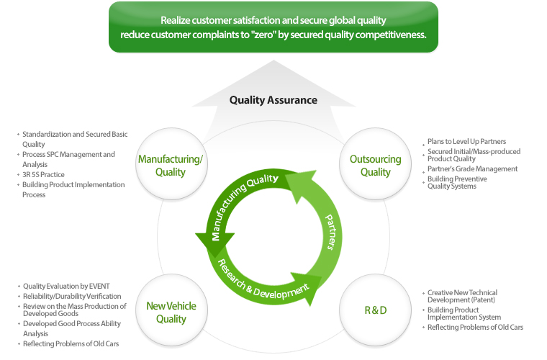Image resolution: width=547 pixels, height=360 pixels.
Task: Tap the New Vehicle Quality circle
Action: [171, 312]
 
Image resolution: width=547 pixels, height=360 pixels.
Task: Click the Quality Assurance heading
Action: [273, 100]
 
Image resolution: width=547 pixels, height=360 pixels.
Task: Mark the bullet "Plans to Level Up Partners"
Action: [466, 142]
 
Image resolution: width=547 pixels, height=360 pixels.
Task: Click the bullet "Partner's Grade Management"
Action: [472, 168]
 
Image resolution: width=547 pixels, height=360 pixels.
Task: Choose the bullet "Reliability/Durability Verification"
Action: [72, 296]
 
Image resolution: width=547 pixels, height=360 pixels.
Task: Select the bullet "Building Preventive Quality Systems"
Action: [458, 182]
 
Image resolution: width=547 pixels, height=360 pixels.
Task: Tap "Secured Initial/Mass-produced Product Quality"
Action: [474, 155]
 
